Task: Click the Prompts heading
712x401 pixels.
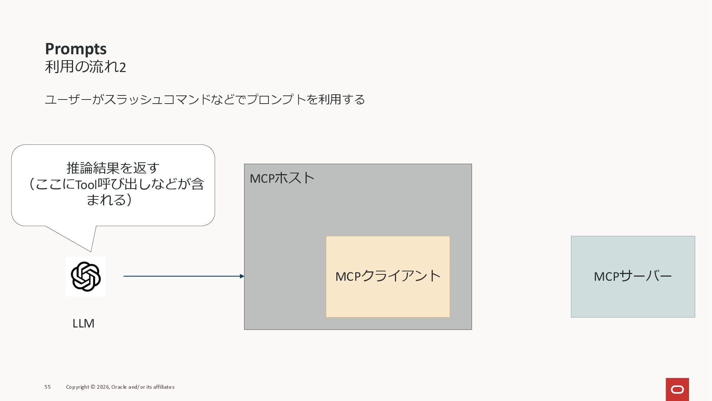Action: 76,49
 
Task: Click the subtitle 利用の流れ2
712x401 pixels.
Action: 85,67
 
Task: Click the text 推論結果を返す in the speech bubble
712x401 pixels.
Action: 113,168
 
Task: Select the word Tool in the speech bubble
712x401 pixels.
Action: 86,185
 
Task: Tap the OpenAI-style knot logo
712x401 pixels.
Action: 86,277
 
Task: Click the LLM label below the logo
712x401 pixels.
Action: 83,323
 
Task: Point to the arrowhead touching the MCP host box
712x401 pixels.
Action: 242,276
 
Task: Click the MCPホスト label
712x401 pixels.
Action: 282,178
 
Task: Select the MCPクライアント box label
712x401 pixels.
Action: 388,276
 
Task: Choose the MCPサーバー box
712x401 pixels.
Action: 633,277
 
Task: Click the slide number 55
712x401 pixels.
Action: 47,387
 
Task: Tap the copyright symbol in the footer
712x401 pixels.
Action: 93,387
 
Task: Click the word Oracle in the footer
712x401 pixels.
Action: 119,387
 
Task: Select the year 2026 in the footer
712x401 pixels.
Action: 103,387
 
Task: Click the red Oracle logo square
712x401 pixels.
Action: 677,389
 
